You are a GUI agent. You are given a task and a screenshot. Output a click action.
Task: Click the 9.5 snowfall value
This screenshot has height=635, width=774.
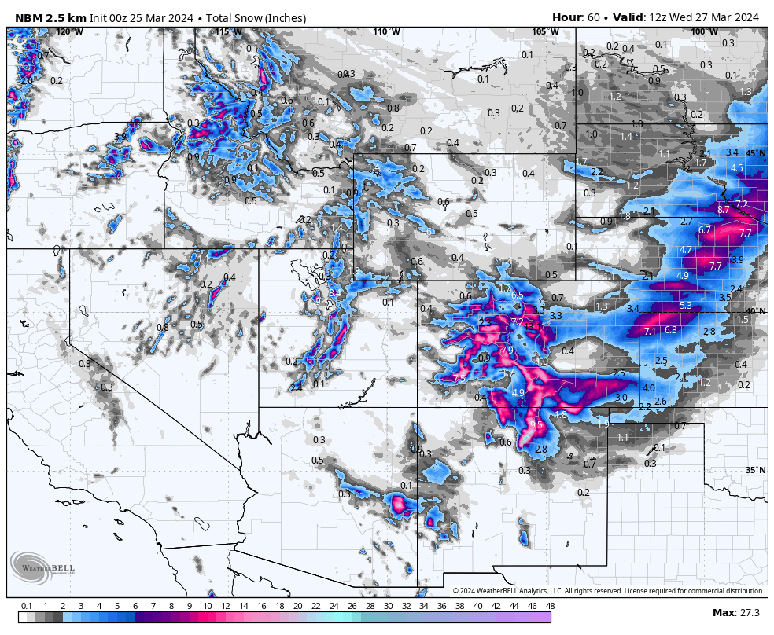[536, 424]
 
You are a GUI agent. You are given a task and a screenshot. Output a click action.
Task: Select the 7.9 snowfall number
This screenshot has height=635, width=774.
[507, 350]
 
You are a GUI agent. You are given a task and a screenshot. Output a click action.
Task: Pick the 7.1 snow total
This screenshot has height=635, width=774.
[650, 332]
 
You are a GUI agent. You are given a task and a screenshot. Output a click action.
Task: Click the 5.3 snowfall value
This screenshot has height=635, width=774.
[685, 306]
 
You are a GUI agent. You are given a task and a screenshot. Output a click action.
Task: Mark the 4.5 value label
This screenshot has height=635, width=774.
[737, 168]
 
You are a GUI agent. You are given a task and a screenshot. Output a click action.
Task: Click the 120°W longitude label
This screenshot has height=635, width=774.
[69, 31]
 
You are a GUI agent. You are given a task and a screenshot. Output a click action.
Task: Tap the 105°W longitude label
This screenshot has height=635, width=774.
[545, 31]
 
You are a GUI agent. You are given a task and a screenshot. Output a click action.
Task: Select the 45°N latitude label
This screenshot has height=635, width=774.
[755, 153]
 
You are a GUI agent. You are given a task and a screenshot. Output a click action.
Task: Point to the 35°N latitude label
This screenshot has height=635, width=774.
[755, 471]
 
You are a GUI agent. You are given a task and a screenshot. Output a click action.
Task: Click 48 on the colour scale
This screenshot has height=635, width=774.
[550, 606]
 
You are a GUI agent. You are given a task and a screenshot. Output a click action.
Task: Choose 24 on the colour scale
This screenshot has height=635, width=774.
[334, 606]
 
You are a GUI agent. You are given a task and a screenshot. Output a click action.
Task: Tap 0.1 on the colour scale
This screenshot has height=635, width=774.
[26, 606]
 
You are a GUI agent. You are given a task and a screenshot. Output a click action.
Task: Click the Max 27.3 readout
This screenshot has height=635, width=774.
[735, 613]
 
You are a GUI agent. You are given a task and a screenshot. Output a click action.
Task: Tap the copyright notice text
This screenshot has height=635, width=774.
[608, 591]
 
